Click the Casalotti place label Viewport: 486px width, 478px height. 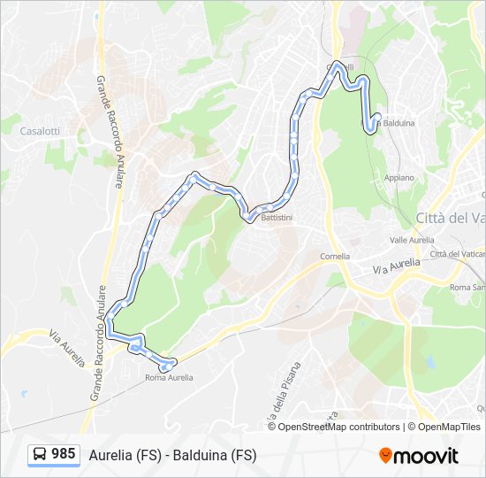point(40,130)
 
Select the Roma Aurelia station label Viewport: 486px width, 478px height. point(168,378)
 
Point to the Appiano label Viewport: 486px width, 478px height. point(399,177)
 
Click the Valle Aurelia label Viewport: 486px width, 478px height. point(410,240)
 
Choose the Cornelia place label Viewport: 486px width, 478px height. point(335,256)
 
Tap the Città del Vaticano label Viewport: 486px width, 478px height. point(450,218)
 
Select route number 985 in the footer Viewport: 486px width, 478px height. point(63,454)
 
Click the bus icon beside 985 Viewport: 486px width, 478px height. point(40,454)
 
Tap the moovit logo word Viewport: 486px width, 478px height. point(426,456)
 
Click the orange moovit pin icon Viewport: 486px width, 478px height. point(385,456)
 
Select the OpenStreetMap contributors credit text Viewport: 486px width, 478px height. point(338,427)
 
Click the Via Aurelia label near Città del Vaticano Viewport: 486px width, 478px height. point(394,266)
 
